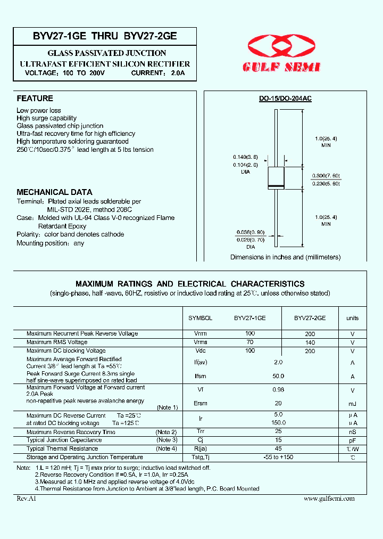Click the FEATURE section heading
35,99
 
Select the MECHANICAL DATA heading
54,192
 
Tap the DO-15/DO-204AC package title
285,99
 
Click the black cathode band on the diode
275,185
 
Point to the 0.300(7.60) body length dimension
326,176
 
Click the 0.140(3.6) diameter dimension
245,157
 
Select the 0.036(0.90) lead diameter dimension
251,232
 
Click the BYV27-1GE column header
250,318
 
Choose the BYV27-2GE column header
310,318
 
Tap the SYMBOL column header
201,318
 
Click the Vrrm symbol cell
201,333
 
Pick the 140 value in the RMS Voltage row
310,342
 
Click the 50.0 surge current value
278,376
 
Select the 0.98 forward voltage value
278,389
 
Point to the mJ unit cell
352,403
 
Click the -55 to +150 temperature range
278,457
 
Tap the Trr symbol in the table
201,432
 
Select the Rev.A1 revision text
26,498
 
